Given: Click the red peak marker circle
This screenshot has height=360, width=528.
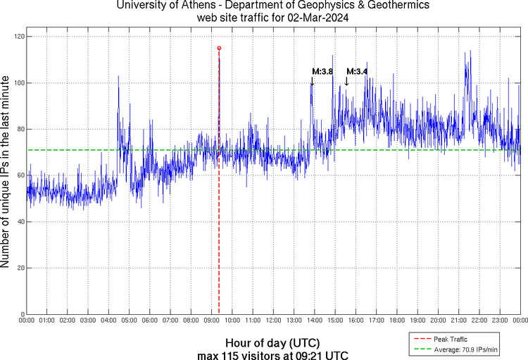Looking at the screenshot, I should pos(219,48).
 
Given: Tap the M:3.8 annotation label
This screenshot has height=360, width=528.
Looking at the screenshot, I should pos(322,71).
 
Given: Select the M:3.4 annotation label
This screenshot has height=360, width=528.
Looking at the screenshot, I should pos(357,71).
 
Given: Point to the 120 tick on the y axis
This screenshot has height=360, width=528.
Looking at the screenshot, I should pos(19,37).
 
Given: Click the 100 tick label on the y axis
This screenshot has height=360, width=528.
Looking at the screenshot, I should pos(19,83).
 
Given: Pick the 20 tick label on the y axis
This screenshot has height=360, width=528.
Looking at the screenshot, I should pos(21,268).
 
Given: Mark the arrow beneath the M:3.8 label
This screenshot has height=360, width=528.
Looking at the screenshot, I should pos(312,81).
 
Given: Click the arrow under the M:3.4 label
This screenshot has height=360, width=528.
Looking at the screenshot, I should pos(346,81).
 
